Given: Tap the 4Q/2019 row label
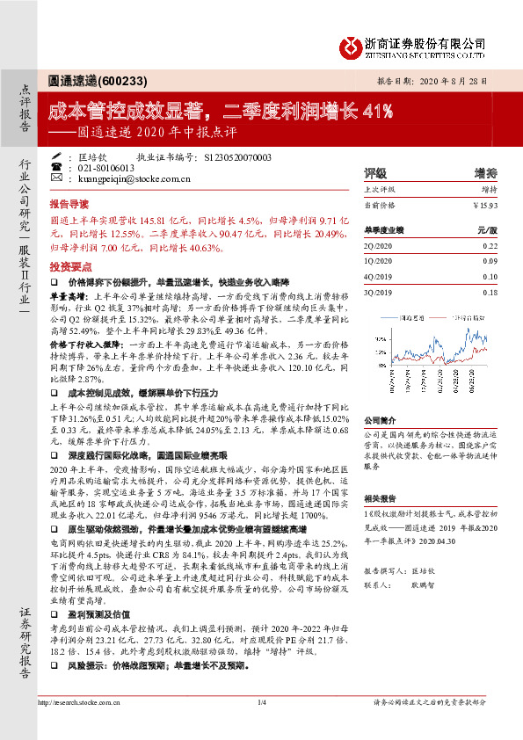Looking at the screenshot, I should pos(379,277).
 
